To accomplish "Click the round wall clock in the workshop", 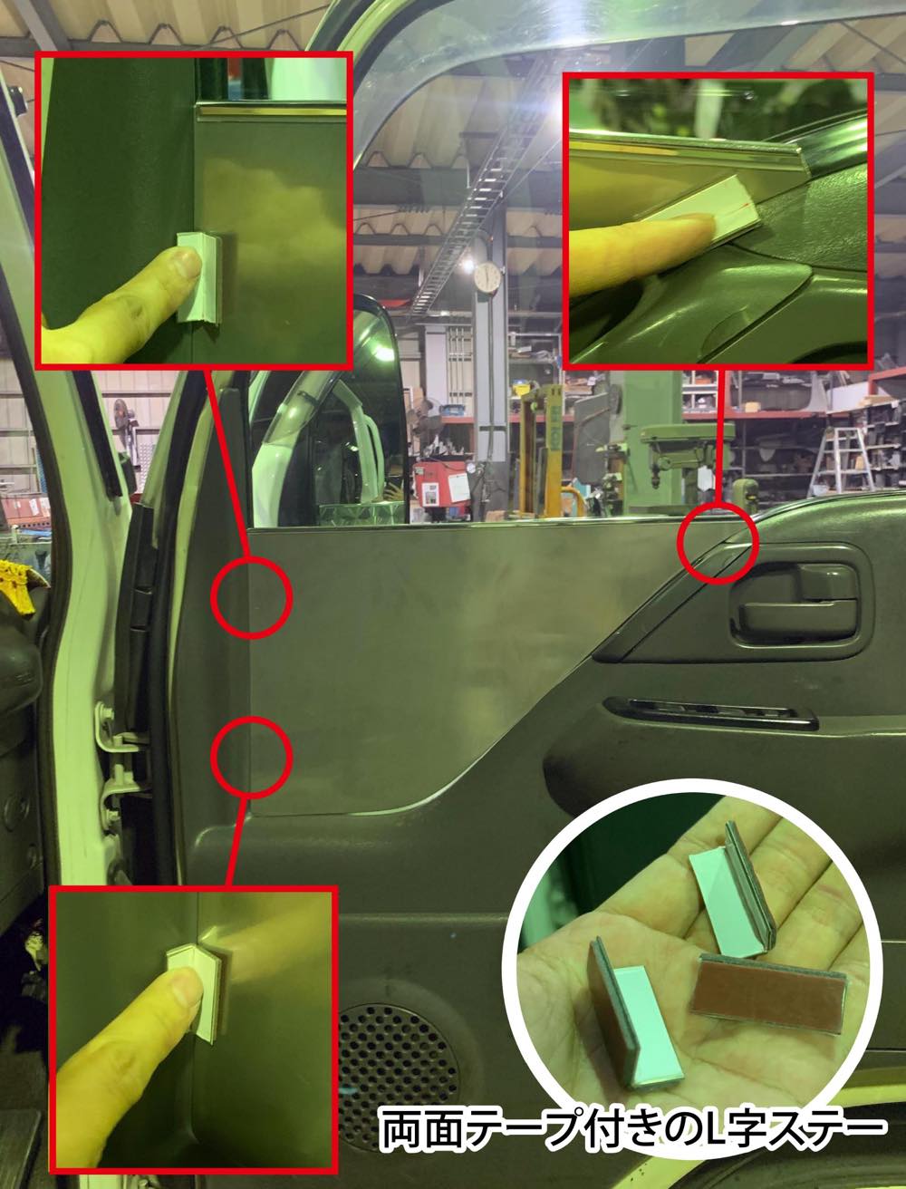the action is click(487, 276).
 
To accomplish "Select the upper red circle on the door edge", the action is click(252, 597).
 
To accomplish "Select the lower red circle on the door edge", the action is click(252, 757).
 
